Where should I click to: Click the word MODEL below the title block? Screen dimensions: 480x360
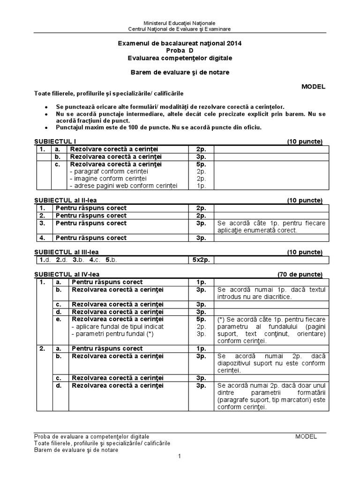click(313, 87)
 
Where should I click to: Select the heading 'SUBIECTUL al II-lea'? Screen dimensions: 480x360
click(66, 201)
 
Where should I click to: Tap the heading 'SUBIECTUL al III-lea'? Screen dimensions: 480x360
click(67, 252)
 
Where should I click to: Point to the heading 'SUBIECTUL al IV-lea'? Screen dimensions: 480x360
click(67, 274)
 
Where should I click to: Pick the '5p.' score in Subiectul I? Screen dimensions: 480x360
click(201, 165)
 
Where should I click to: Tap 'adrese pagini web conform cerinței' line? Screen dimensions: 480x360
click(123, 186)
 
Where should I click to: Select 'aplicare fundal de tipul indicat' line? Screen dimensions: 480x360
click(117, 326)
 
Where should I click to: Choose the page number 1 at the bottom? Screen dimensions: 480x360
click(179, 457)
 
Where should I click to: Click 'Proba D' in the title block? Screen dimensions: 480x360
click(180, 51)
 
